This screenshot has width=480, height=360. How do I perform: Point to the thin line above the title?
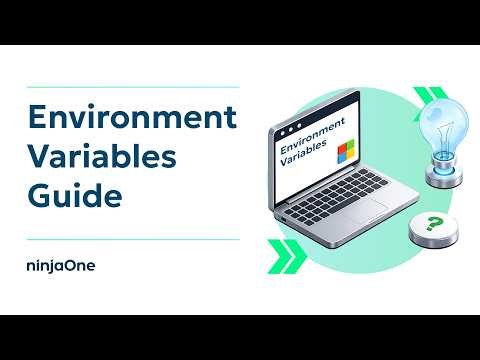[130, 87]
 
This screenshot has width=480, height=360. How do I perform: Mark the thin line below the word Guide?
[130, 239]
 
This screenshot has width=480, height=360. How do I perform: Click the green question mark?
[433, 225]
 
